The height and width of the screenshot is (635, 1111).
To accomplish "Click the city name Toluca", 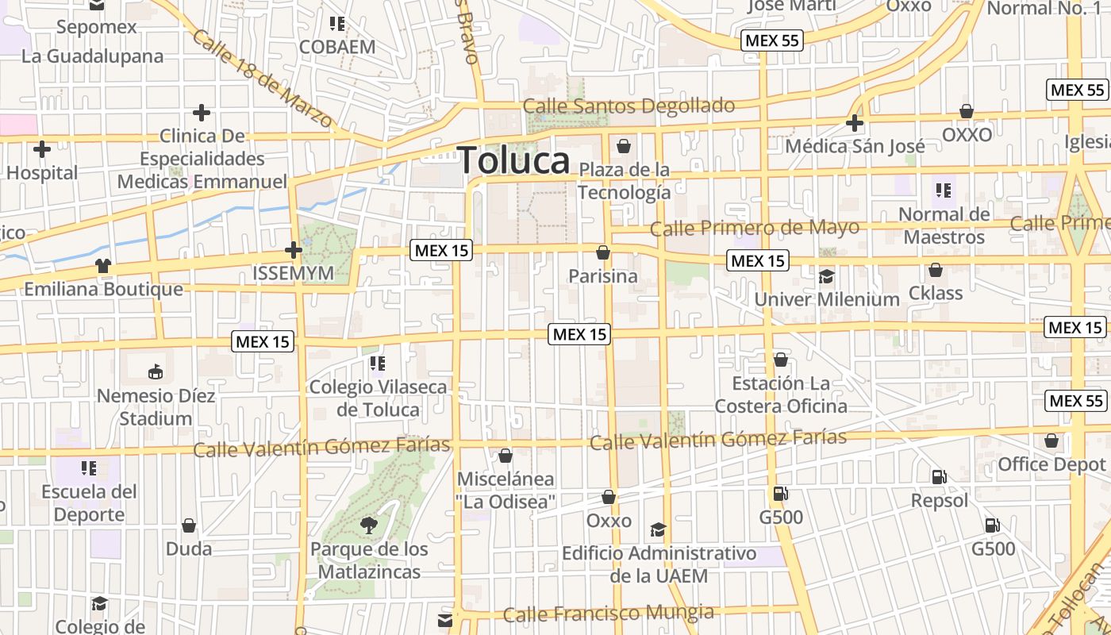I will pyautogui.click(x=514, y=160).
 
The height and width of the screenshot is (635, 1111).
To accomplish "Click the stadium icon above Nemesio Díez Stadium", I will pyautogui.click(x=156, y=371).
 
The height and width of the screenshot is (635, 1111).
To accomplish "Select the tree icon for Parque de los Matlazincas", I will pyautogui.click(x=368, y=524).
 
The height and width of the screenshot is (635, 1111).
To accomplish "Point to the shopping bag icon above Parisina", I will pyautogui.click(x=603, y=252).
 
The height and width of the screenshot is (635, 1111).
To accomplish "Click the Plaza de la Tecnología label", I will pyautogui.click(x=625, y=181).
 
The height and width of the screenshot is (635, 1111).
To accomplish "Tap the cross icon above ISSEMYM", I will pyautogui.click(x=294, y=250).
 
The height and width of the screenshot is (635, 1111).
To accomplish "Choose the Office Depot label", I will pyautogui.click(x=1051, y=464).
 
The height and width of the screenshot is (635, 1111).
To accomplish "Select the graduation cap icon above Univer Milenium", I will pyautogui.click(x=827, y=276).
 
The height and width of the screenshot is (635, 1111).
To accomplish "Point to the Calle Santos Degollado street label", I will pyautogui.click(x=629, y=106).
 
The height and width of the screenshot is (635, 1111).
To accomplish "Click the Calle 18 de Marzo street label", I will pyautogui.click(x=262, y=79).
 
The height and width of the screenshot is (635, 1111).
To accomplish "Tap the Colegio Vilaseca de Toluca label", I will pyautogui.click(x=378, y=398).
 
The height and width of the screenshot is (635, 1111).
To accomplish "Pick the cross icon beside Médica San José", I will pyautogui.click(x=855, y=123).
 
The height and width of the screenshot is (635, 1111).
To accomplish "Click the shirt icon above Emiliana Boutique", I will pyautogui.click(x=103, y=266).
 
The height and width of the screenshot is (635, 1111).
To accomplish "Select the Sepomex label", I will pyautogui.click(x=97, y=27).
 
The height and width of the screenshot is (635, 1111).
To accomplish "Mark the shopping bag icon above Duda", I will pyautogui.click(x=189, y=525).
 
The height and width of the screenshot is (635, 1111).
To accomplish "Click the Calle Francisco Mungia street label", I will pyautogui.click(x=609, y=613).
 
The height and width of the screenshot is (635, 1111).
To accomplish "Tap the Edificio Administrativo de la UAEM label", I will pyautogui.click(x=659, y=564).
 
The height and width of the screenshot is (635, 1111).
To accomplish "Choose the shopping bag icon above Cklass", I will pyautogui.click(x=936, y=270).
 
